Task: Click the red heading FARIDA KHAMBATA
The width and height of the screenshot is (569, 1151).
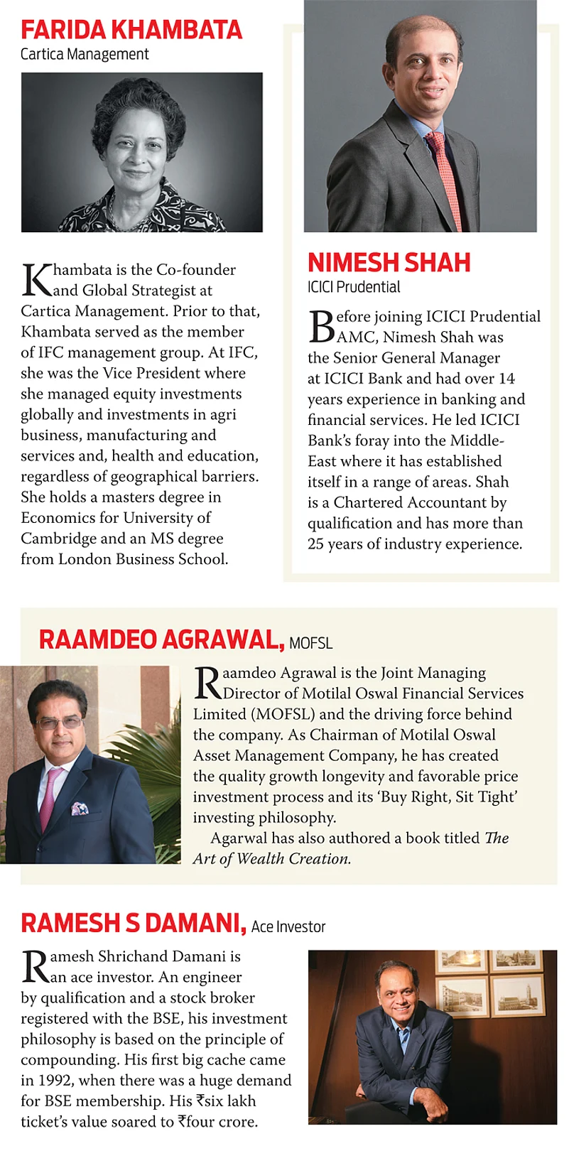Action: point(131,30)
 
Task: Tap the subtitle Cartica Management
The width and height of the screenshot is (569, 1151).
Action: point(85,55)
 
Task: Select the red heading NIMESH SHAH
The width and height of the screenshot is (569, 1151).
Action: point(389,263)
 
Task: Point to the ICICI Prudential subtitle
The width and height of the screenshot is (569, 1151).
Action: point(354,287)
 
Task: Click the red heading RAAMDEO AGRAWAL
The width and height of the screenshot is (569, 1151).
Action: point(161,639)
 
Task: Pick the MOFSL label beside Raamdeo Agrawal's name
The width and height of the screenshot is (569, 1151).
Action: point(311,643)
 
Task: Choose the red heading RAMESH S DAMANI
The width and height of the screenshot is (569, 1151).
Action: point(134,923)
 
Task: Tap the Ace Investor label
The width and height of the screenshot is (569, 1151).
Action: point(288,926)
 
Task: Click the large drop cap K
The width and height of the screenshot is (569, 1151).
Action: point(36,280)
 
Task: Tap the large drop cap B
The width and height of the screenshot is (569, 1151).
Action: point(321,327)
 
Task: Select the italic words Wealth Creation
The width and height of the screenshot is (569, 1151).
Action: point(293,858)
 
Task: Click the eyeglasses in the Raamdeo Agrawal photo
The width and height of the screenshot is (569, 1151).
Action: point(58,723)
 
